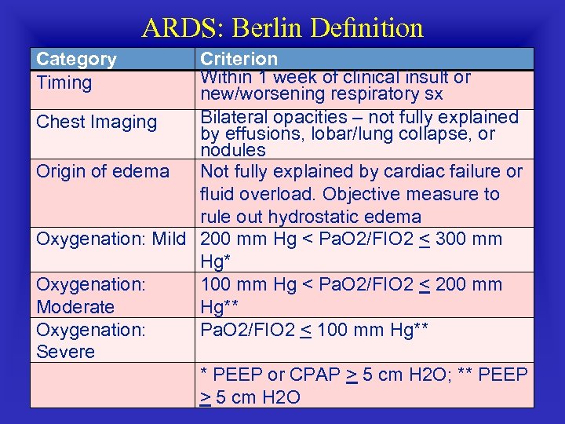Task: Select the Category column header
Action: click(76, 59)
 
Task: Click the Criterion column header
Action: click(239, 59)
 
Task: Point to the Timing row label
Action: click(64, 82)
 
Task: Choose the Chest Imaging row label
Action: click(97, 122)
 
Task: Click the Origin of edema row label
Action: click(103, 171)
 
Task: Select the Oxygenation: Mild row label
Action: click(111, 239)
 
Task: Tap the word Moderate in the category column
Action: click(75, 307)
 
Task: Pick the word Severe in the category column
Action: click(66, 352)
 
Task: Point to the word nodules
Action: click(233, 149)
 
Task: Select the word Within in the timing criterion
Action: click(225, 78)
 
